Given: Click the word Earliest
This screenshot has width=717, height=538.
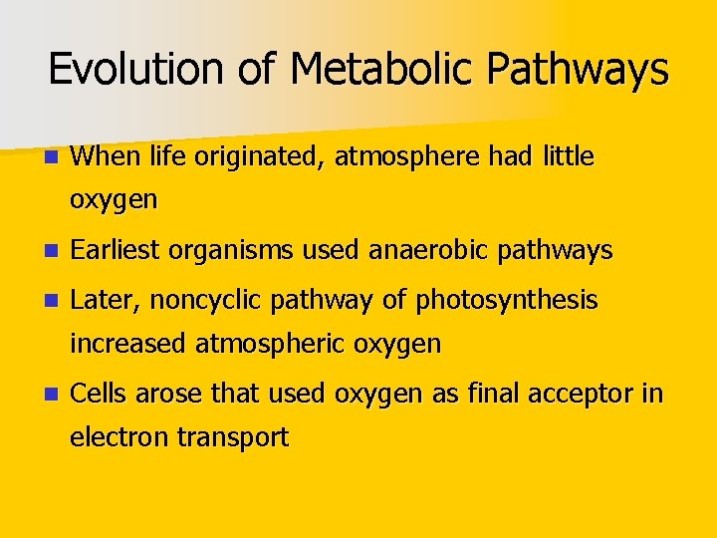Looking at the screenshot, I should tap(117, 250).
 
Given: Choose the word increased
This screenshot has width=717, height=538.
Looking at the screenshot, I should tap(128, 344).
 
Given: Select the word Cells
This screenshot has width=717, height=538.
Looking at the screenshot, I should tap(100, 393).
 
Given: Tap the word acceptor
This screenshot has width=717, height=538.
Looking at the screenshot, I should tap(582, 394).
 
